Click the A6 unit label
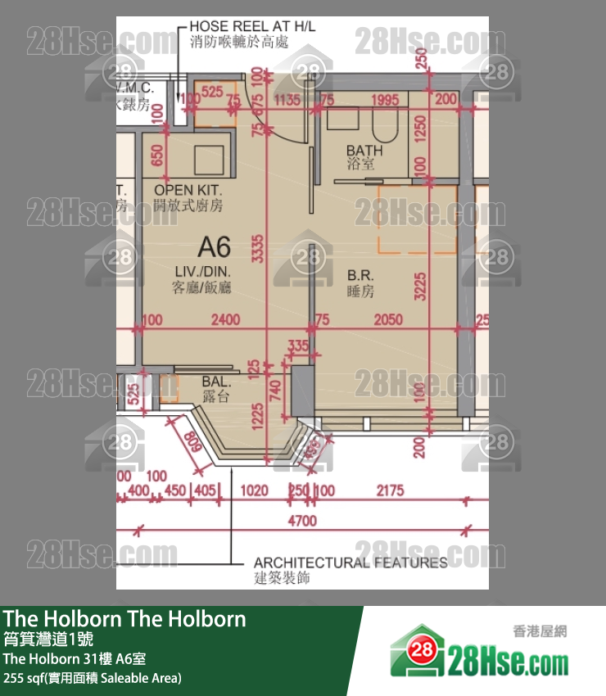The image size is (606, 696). click(x=215, y=246)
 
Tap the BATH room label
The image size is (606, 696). click(x=364, y=151)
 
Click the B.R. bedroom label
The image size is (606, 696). click(x=360, y=275)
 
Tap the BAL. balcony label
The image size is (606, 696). click(x=216, y=382)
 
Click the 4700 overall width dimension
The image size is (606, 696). click(x=302, y=521)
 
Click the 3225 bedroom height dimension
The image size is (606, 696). click(x=420, y=273)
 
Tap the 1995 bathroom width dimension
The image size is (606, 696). click(x=384, y=101)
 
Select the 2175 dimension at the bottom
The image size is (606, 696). click(x=390, y=490)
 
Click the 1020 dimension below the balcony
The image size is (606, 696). click(x=256, y=490)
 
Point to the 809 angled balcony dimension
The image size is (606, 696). click(x=193, y=444)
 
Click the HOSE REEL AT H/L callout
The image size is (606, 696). click(x=251, y=27)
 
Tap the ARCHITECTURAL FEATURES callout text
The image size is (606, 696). click(x=350, y=563)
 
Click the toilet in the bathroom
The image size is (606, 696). click(x=383, y=126)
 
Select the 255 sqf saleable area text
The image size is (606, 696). click(x=93, y=678)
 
